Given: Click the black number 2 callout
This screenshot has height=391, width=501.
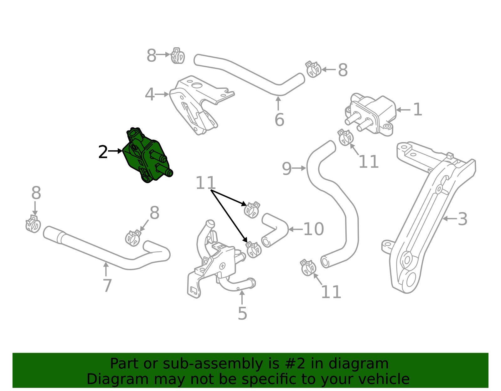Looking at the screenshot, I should [103, 152].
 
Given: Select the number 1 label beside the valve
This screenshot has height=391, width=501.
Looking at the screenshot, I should [417, 110].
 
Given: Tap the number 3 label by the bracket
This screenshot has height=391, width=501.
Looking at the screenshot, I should [462, 219].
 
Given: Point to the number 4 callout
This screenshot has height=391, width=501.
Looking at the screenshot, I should [150, 95].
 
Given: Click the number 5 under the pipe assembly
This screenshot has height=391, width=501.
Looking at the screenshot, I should [242, 313].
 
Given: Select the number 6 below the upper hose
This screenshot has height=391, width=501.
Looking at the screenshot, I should [279, 120].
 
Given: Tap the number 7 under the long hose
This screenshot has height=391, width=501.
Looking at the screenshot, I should [107, 286].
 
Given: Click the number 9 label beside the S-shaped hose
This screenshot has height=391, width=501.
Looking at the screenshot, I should [287, 169].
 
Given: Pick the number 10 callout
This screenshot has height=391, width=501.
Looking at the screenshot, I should [313, 229].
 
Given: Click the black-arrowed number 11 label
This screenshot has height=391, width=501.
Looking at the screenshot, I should [205, 183].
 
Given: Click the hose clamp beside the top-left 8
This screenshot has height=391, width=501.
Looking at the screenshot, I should [178, 56].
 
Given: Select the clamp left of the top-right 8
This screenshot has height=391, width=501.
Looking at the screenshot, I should [313, 69].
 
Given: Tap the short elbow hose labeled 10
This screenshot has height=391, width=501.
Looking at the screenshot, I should [274, 230].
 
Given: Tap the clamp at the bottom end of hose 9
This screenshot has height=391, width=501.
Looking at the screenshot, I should [308, 268].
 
